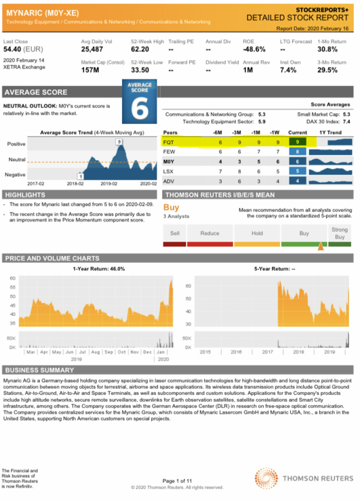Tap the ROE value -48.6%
click(x=254, y=49)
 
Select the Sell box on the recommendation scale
click(x=175, y=233)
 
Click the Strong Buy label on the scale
click(x=340, y=233)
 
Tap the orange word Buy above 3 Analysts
click(x=172, y=207)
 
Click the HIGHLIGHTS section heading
click(x=24, y=194)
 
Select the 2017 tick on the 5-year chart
click(x=267, y=352)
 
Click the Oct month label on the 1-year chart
click(x=122, y=352)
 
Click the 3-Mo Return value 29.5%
click(x=327, y=70)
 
